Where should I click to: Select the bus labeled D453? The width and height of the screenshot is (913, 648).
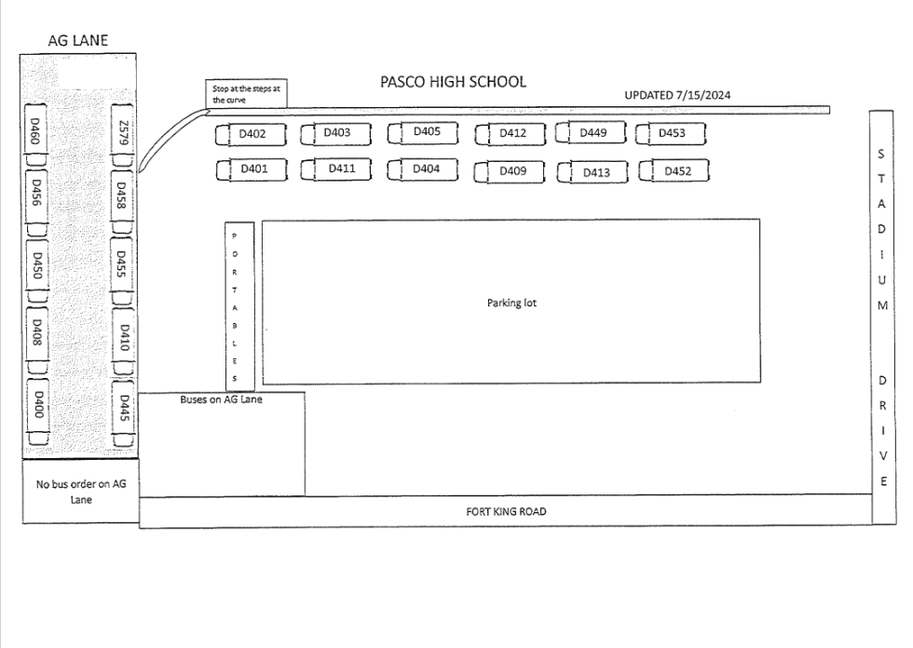[x=671, y=134]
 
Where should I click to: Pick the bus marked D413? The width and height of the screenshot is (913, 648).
[x=593, y=172]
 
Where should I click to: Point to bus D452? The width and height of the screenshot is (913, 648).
[x=675, y=171]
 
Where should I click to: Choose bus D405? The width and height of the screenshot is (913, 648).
[x=426, y=133]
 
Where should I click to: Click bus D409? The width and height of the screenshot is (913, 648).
[x=511, y=172]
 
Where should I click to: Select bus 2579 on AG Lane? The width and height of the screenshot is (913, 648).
[x=122, y=134]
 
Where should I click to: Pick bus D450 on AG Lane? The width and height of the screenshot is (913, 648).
[x=38, y=267]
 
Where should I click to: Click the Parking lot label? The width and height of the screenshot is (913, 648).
[x=511, y=303]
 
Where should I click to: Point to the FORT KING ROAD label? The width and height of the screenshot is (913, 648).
[x=506, y=511]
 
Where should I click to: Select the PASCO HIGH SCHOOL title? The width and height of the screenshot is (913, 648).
[x=453, y=82]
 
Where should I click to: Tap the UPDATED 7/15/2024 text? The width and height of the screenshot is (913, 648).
[x=676, y=95]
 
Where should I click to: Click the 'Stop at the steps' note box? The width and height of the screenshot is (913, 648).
[x=246, y=94]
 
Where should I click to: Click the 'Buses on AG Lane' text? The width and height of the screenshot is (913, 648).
[x=221, y=400]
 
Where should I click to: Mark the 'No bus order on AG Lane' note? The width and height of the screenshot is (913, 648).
[x=79, y=491]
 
